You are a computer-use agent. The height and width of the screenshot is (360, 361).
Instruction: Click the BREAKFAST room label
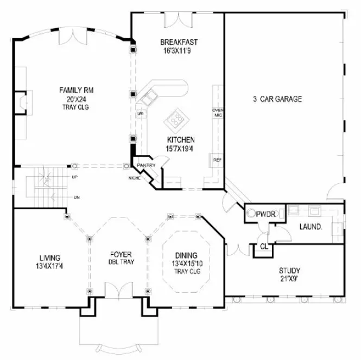tap(178, 42)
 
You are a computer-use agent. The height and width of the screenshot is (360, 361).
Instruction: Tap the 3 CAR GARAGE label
tap(277, 99)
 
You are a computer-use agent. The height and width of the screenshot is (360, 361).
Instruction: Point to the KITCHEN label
tap(180, 139)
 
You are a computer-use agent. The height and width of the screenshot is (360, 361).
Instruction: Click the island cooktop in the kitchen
tap(176, 119)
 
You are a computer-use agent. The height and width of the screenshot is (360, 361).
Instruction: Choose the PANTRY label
tap(146, 165)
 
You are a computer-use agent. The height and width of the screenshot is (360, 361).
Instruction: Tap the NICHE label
tap(134, 177)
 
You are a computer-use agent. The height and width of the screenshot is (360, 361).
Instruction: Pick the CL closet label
tap(264, 246)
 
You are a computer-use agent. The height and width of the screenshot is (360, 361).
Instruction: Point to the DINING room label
tap(186, 256)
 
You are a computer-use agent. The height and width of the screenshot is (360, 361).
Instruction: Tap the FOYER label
tap(118, 254)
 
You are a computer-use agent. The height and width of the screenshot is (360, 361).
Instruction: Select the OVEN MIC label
tap(218, 113)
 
